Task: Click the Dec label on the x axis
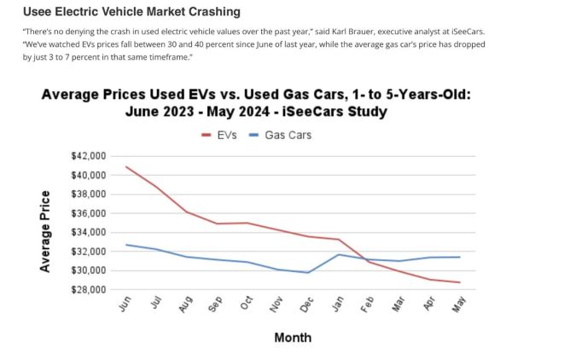coord(307,305)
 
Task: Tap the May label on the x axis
coord(459,305)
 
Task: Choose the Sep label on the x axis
coord(216,305)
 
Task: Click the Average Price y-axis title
coord(44,231)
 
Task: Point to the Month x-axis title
coord(293,338)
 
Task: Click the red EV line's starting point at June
coord(125,166)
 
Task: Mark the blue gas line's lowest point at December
coord(308,273)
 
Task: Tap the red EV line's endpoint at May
coord(460,282)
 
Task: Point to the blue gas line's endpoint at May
coord(460,257)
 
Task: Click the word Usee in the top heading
coord(37,12)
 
